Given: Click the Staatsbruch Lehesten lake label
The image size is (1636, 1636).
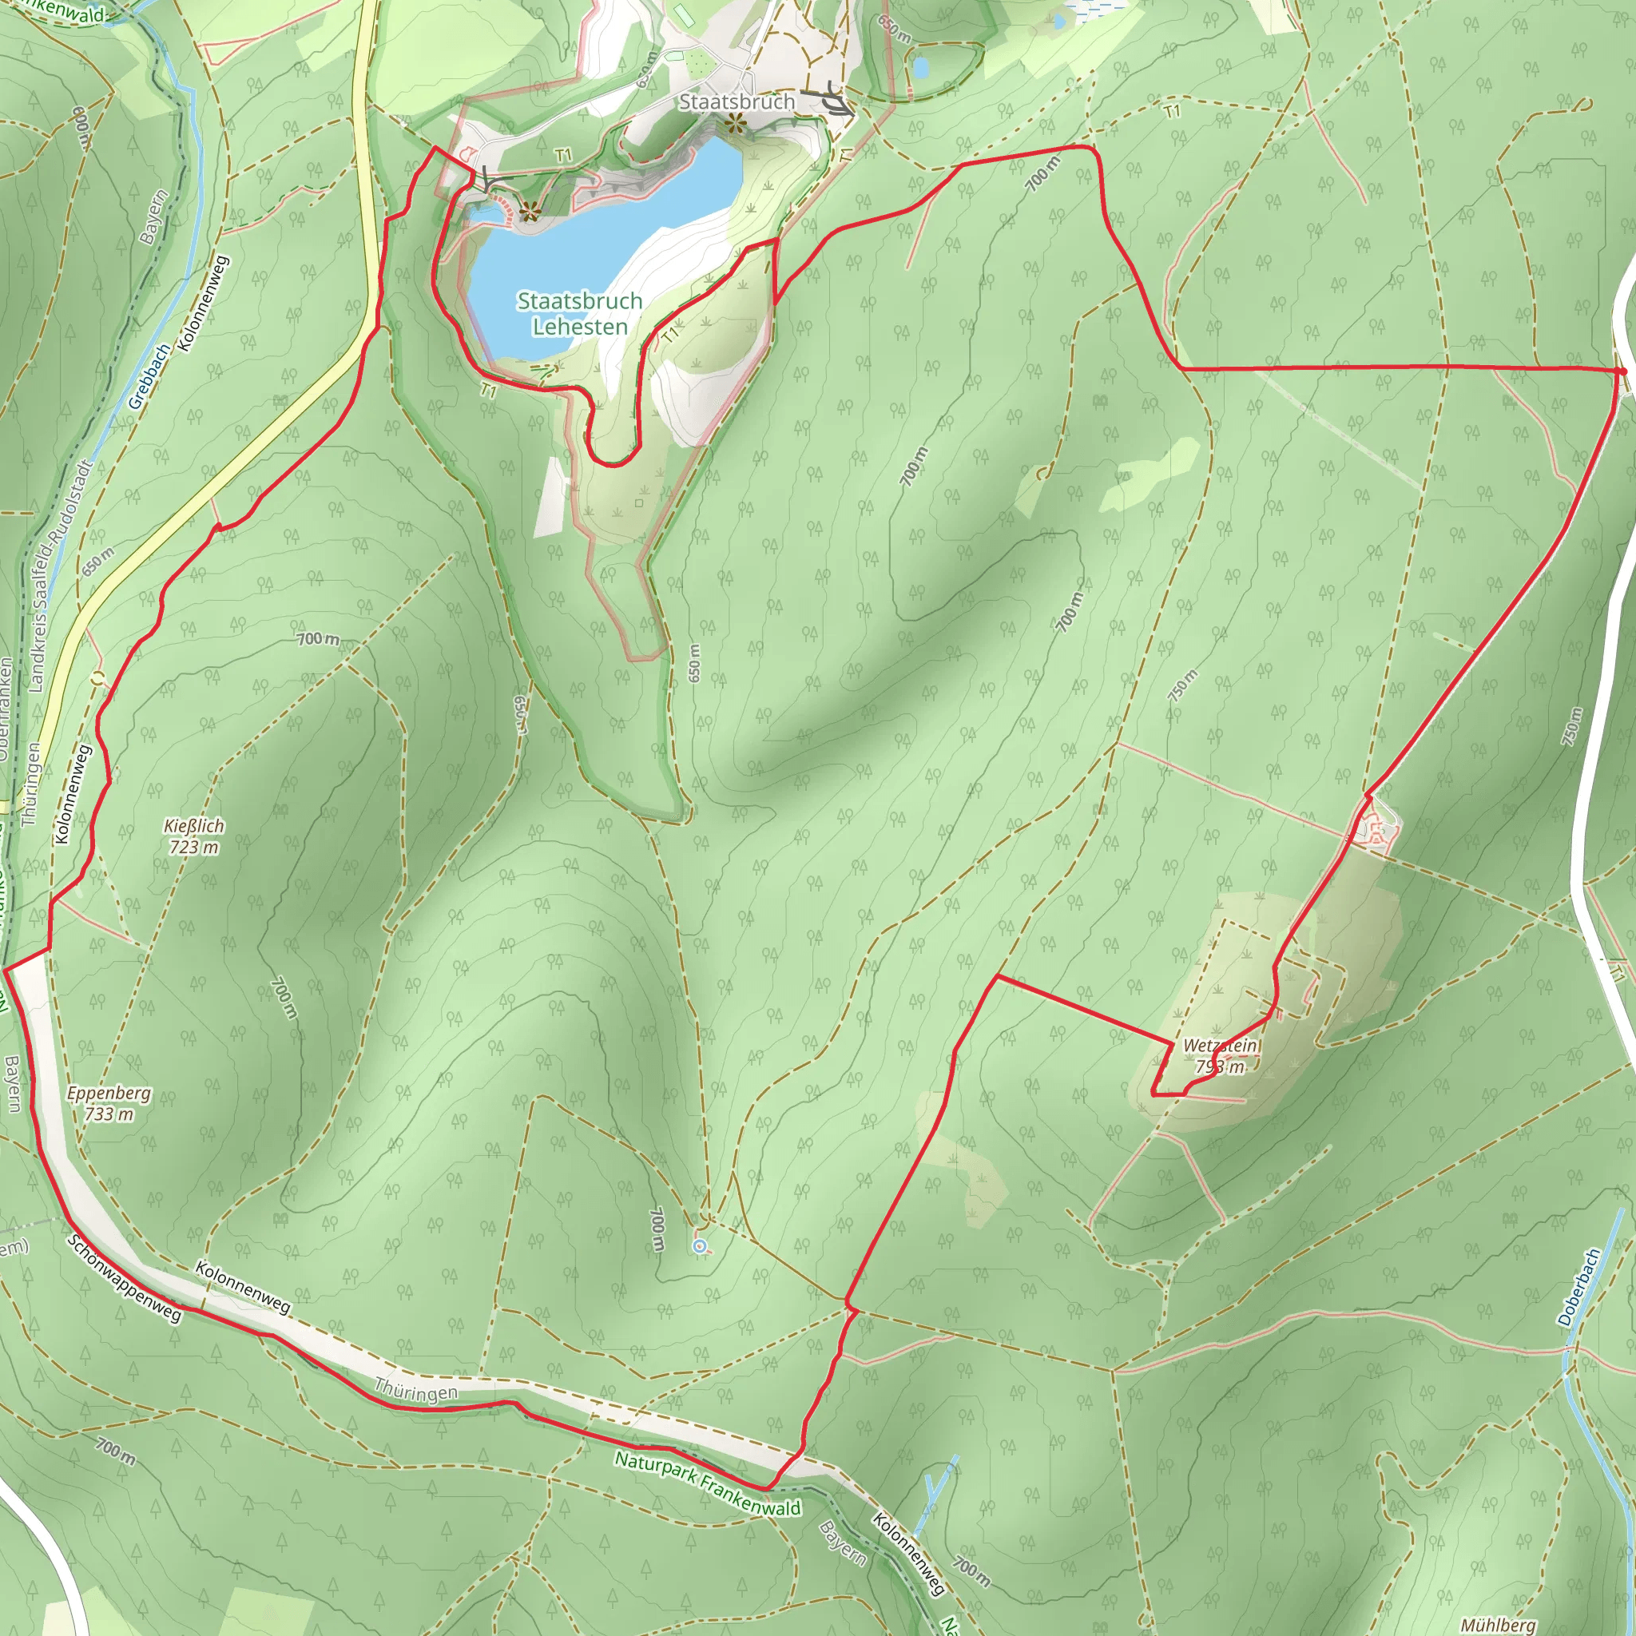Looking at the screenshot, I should coord(579,313).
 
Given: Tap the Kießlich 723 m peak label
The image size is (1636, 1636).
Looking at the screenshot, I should coord(194,836).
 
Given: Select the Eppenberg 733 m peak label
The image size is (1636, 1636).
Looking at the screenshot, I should coord(109,1102).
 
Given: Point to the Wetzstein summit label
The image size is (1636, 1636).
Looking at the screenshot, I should coord(1219,1055).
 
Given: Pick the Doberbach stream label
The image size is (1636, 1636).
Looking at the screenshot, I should coord(1579,1286).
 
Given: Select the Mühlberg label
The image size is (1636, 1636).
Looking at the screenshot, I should coord(1498,1625).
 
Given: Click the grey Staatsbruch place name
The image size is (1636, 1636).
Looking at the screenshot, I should coord(737,101).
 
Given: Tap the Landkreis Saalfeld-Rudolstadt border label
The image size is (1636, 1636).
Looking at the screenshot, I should coord(58,576).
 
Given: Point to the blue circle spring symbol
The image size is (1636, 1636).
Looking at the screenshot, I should coord(700,1245).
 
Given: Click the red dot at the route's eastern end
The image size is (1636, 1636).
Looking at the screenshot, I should coord(1621,371).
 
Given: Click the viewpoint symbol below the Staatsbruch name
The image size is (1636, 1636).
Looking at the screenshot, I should coord(733,125).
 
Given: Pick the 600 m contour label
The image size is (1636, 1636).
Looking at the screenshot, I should coord(81,128).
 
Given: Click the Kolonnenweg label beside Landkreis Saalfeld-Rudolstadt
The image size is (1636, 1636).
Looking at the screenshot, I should coord(73,793).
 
